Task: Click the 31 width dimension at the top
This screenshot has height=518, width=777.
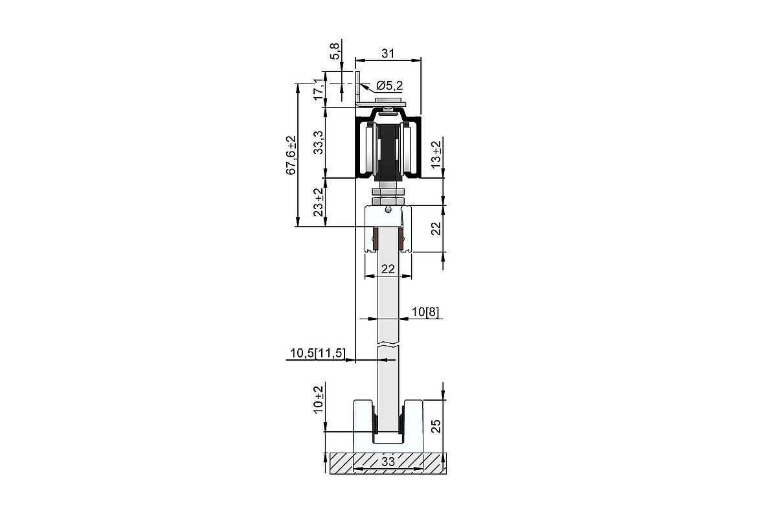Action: [x=388, y=54]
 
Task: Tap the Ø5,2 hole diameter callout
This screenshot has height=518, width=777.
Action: [x=390, y=85]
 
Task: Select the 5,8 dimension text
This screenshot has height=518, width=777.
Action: [x=334, y=51]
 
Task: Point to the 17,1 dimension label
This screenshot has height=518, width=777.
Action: [x=319, y=89]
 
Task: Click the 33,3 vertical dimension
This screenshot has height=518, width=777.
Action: [x=318, y=142]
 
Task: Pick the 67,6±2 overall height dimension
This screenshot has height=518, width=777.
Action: [x=291, y=155]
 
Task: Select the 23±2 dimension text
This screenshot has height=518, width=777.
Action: [x=318, y=202]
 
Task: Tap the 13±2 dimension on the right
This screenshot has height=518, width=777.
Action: [x=436, y=155]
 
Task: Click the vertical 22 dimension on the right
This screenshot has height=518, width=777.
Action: [x=436, y=229]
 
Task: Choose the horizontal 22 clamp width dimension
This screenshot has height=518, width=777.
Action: [x=388, y=269]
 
